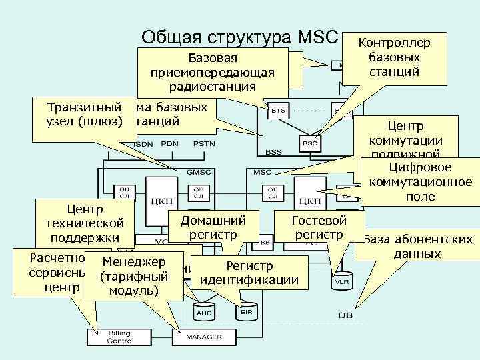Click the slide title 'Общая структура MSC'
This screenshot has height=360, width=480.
[241, 37]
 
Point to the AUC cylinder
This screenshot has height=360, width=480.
[202, 310]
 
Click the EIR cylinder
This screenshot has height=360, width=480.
[245, 310]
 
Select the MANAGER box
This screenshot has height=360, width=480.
[203, 337]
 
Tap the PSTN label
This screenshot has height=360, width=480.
[203, 145]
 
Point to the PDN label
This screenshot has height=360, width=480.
[172, 145]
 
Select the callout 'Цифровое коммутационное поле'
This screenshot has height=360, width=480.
[419, 181]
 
